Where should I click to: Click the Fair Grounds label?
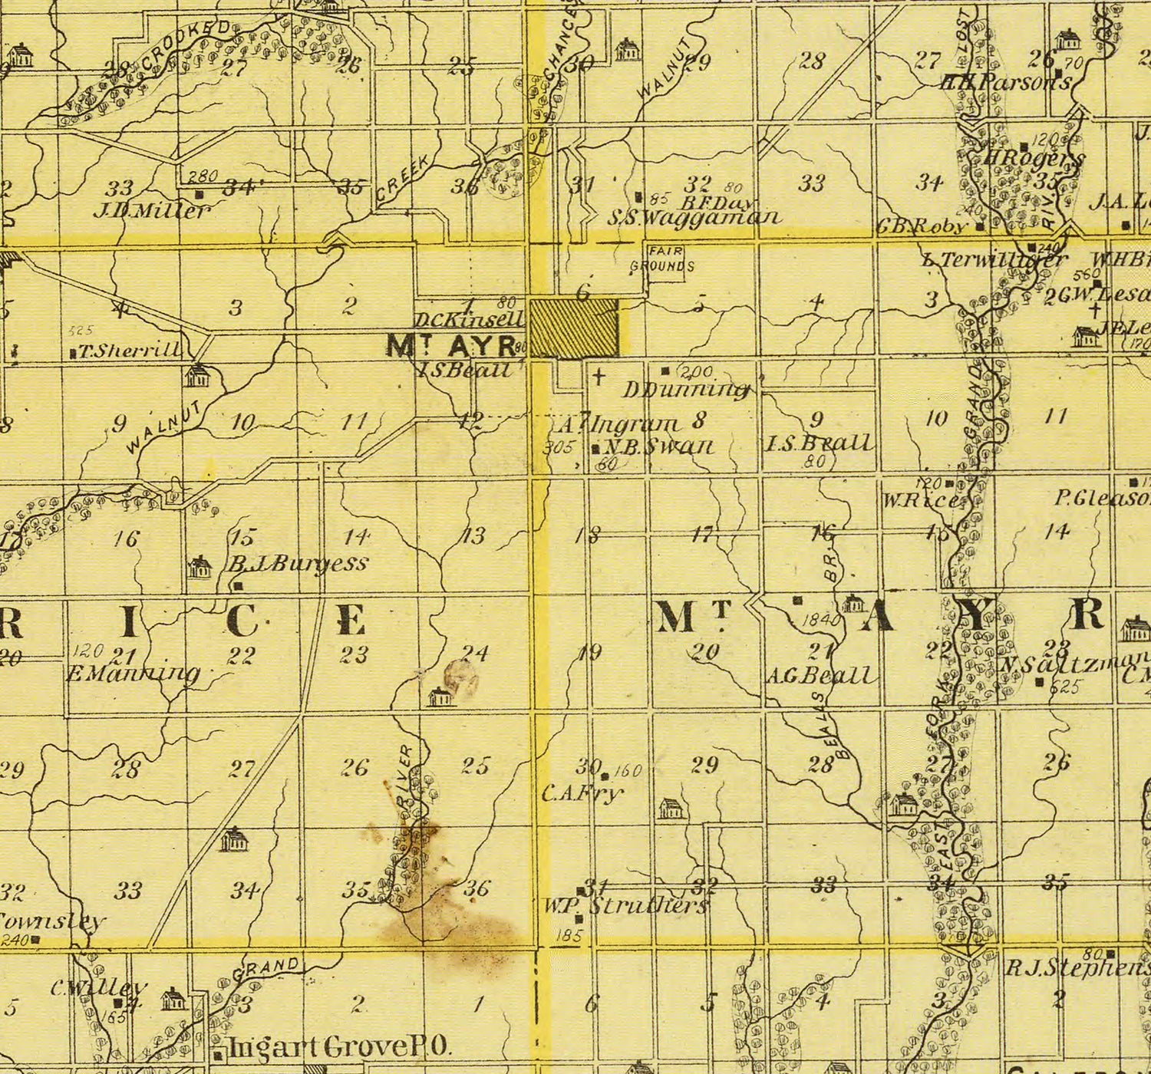point(662,260)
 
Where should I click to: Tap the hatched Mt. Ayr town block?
point(574,328)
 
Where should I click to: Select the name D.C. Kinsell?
point(469,319)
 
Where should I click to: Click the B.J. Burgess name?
point(298,564)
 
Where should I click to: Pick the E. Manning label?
point(134,674)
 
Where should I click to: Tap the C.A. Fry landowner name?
point(581,793)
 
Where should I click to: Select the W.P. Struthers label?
point(625,905)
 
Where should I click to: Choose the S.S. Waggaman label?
point(694,218)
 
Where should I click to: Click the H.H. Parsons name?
point(1005,82)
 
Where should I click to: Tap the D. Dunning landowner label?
point(686,390)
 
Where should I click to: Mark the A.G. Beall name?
point(821,676)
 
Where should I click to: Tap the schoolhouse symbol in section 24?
point(441,697)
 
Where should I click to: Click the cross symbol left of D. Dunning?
point(599,376)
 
